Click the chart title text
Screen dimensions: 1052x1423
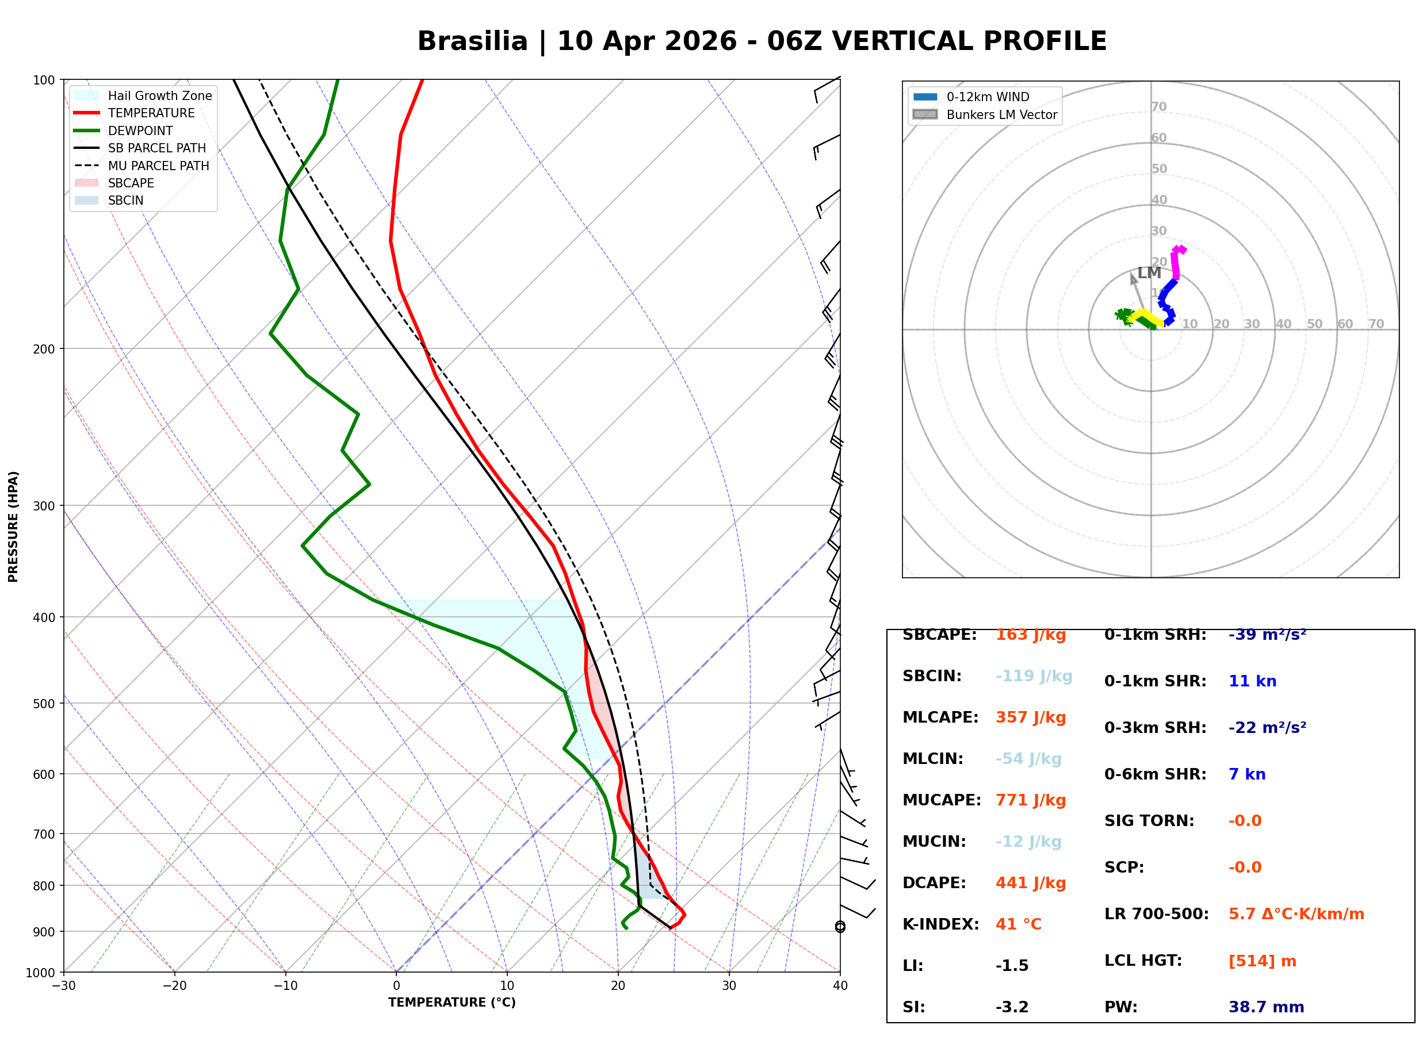[761, 41]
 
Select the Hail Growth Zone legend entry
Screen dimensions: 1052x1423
[159, 95]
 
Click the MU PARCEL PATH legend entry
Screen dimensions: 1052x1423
[158, 166]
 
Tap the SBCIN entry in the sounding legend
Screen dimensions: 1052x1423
[125, 201]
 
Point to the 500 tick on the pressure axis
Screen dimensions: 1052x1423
[43, 704]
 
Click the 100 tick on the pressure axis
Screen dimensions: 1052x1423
[43, 80]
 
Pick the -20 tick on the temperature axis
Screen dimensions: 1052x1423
[174, 986]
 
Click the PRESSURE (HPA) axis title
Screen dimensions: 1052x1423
[13, 526]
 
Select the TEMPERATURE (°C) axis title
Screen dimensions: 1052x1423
[452, 1003]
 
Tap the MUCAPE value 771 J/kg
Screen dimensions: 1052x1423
[1030, 800]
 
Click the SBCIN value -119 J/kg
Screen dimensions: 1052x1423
[1033, 676]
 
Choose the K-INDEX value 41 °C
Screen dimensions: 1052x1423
[1018, 924]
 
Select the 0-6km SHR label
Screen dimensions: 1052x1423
[1155, 774]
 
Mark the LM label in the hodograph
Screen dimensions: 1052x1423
[1149, 272]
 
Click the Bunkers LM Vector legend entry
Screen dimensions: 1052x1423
[1001, 114]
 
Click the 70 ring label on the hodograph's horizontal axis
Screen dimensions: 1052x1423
[1376, 324]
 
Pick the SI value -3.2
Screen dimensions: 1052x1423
[1012, 1007]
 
